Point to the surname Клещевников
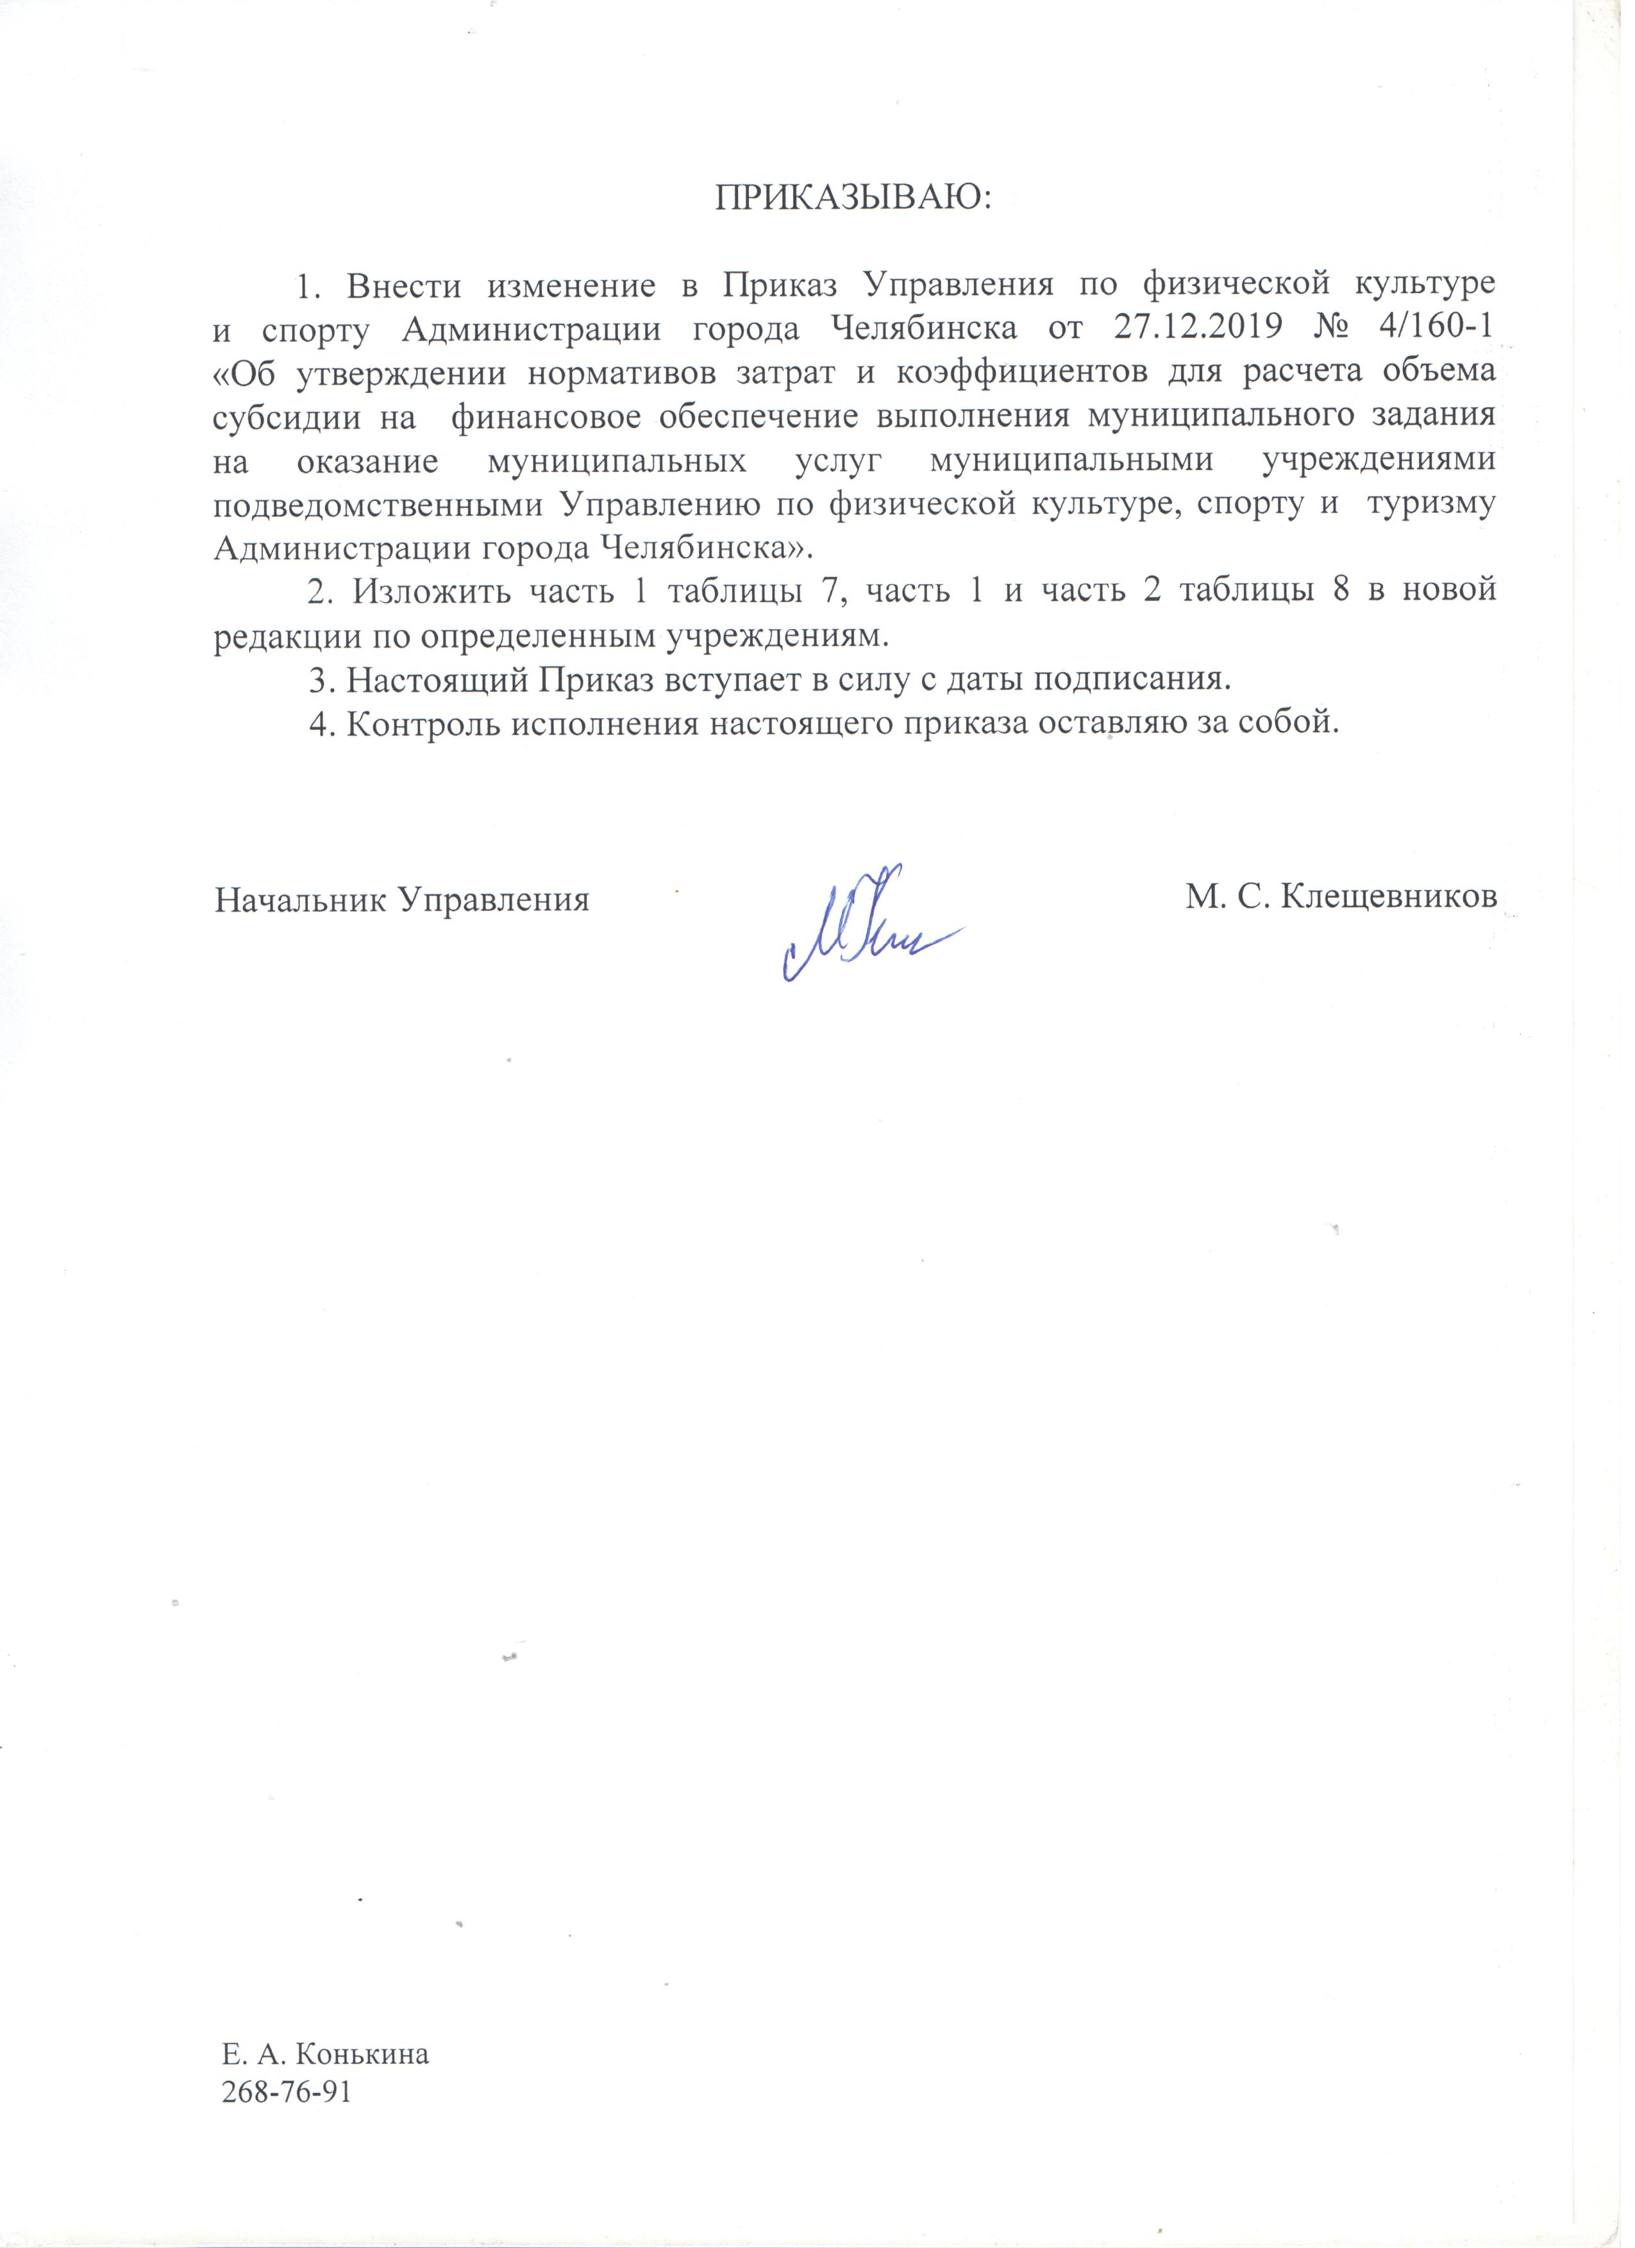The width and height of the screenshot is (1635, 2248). click(x=1388, y=899)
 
